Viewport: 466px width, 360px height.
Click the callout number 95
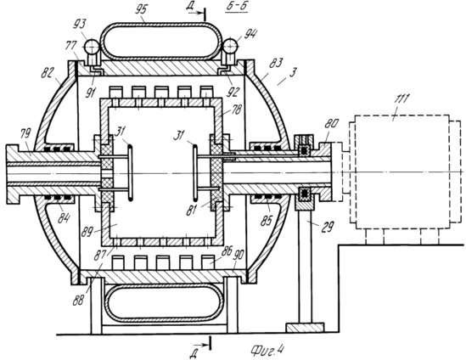(141, 10)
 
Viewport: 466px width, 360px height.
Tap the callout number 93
(80, 24)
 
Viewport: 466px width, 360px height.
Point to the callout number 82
(48, 72)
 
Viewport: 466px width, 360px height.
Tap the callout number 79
(25, 133)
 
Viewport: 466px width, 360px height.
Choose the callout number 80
(331, 123)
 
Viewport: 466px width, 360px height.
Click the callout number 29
(328, 227)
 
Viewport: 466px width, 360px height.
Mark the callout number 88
(79, 301)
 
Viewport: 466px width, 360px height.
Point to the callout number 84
(64, 218)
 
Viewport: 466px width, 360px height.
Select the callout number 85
(266, 220)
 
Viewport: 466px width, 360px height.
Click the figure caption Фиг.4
(267, 350)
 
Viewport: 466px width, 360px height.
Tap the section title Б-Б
(236, 7)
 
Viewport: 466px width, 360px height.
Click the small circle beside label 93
(92, 46)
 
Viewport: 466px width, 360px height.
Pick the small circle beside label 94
(230, 46)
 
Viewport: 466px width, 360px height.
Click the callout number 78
(237, 110)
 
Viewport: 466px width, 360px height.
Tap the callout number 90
(239, 255)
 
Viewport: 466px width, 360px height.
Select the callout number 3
(293, 72)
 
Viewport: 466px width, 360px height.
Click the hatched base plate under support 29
(305, 328)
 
